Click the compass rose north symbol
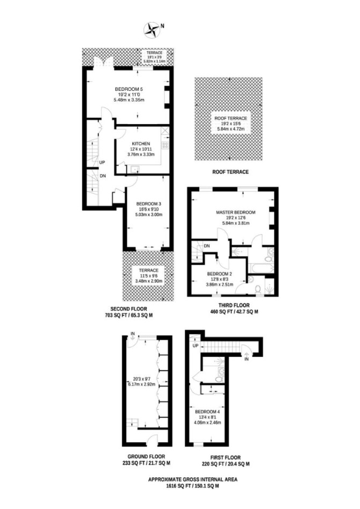tap(152, 29)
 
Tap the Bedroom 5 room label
tap(129, 89)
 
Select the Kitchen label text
tap(141, 144)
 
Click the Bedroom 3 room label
tap(149, 204)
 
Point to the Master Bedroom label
tap(236, 212)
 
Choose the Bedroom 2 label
tap(219, 274)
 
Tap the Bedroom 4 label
tap(207, 412)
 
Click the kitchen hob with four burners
tap(165, 145)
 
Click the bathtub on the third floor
tap(261, 268)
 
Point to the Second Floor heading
tap(128, 309)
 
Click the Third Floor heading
tap(234, 305)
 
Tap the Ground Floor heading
tap(146, 456)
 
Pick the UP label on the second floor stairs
tap(102, 162)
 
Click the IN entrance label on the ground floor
tap(132, 334)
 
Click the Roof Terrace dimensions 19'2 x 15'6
tap(231, 124)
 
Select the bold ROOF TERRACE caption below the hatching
tap(231, 171)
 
